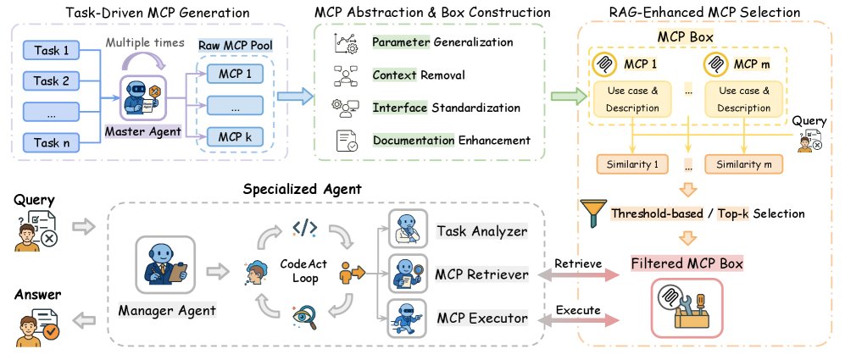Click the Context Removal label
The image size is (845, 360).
coord(419,75)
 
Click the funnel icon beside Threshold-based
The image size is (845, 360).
coord(593,213)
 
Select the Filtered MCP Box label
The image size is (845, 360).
coord(687,263)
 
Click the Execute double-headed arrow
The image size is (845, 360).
coord(580,320)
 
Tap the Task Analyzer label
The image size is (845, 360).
coord(481,230)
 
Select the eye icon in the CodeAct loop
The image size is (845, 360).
coord(303,318)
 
